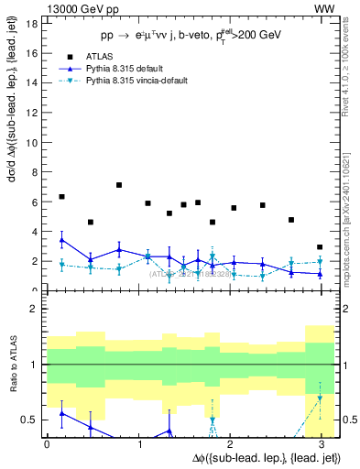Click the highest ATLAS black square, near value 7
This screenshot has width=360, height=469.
[x=119, y=185]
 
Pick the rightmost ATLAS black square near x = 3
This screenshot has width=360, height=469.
[x=320, y=247]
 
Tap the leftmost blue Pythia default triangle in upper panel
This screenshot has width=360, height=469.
[x=61, y=240]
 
